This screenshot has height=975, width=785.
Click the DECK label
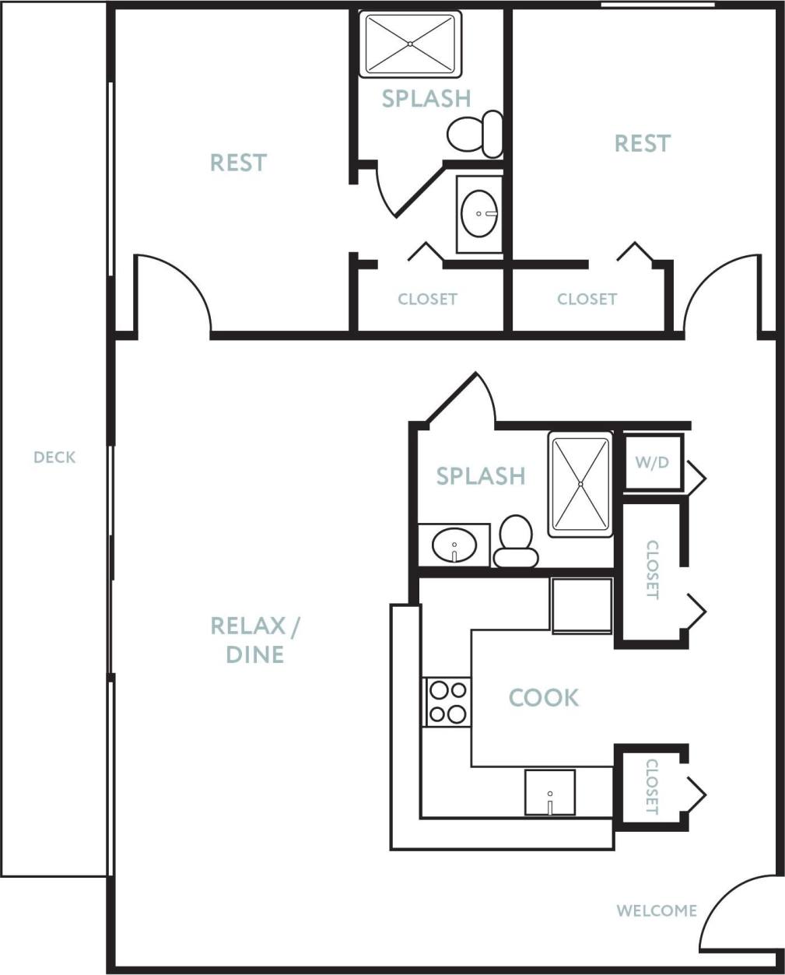(54, 458)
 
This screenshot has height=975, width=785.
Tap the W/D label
(652, 462)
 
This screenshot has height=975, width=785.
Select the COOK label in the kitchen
(543, 698)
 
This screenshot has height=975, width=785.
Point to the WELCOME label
(657, 910)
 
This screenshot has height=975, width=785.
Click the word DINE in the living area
(254, 654)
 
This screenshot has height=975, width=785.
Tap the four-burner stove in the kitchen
(447, 702)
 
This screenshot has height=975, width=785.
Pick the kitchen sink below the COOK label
(549, 793)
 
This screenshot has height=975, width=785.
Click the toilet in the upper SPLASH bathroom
(476, 133)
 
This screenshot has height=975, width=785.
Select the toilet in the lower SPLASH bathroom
(516, 541)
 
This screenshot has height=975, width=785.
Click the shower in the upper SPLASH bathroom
(410, 44)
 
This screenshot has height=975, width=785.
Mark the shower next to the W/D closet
(580, 484)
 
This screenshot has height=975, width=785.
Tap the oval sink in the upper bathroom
(479, 213)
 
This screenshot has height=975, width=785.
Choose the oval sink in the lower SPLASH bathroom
(454, 545)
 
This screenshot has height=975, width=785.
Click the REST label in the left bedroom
(238, 163)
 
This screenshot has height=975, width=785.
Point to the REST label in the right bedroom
(642, 143)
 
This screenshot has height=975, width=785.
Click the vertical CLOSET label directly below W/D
(652, 570)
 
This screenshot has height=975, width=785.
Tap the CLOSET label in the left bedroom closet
(427, 299)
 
